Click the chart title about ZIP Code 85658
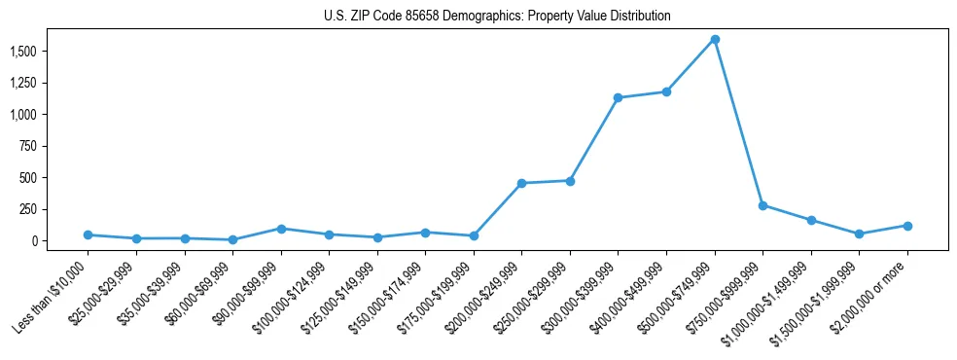pos(497,17)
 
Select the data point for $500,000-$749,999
pos(715,39)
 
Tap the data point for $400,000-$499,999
pos(666,91)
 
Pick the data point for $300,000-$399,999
pos(619,97)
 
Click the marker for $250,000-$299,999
pos(570,181)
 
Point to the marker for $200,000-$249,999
pos(522,183)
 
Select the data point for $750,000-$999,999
pos(762,205)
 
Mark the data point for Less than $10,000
pos(89,234)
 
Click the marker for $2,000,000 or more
pos(907,226)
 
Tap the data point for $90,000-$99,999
pos(281,229)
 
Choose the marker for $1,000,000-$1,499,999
pos(811,220)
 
